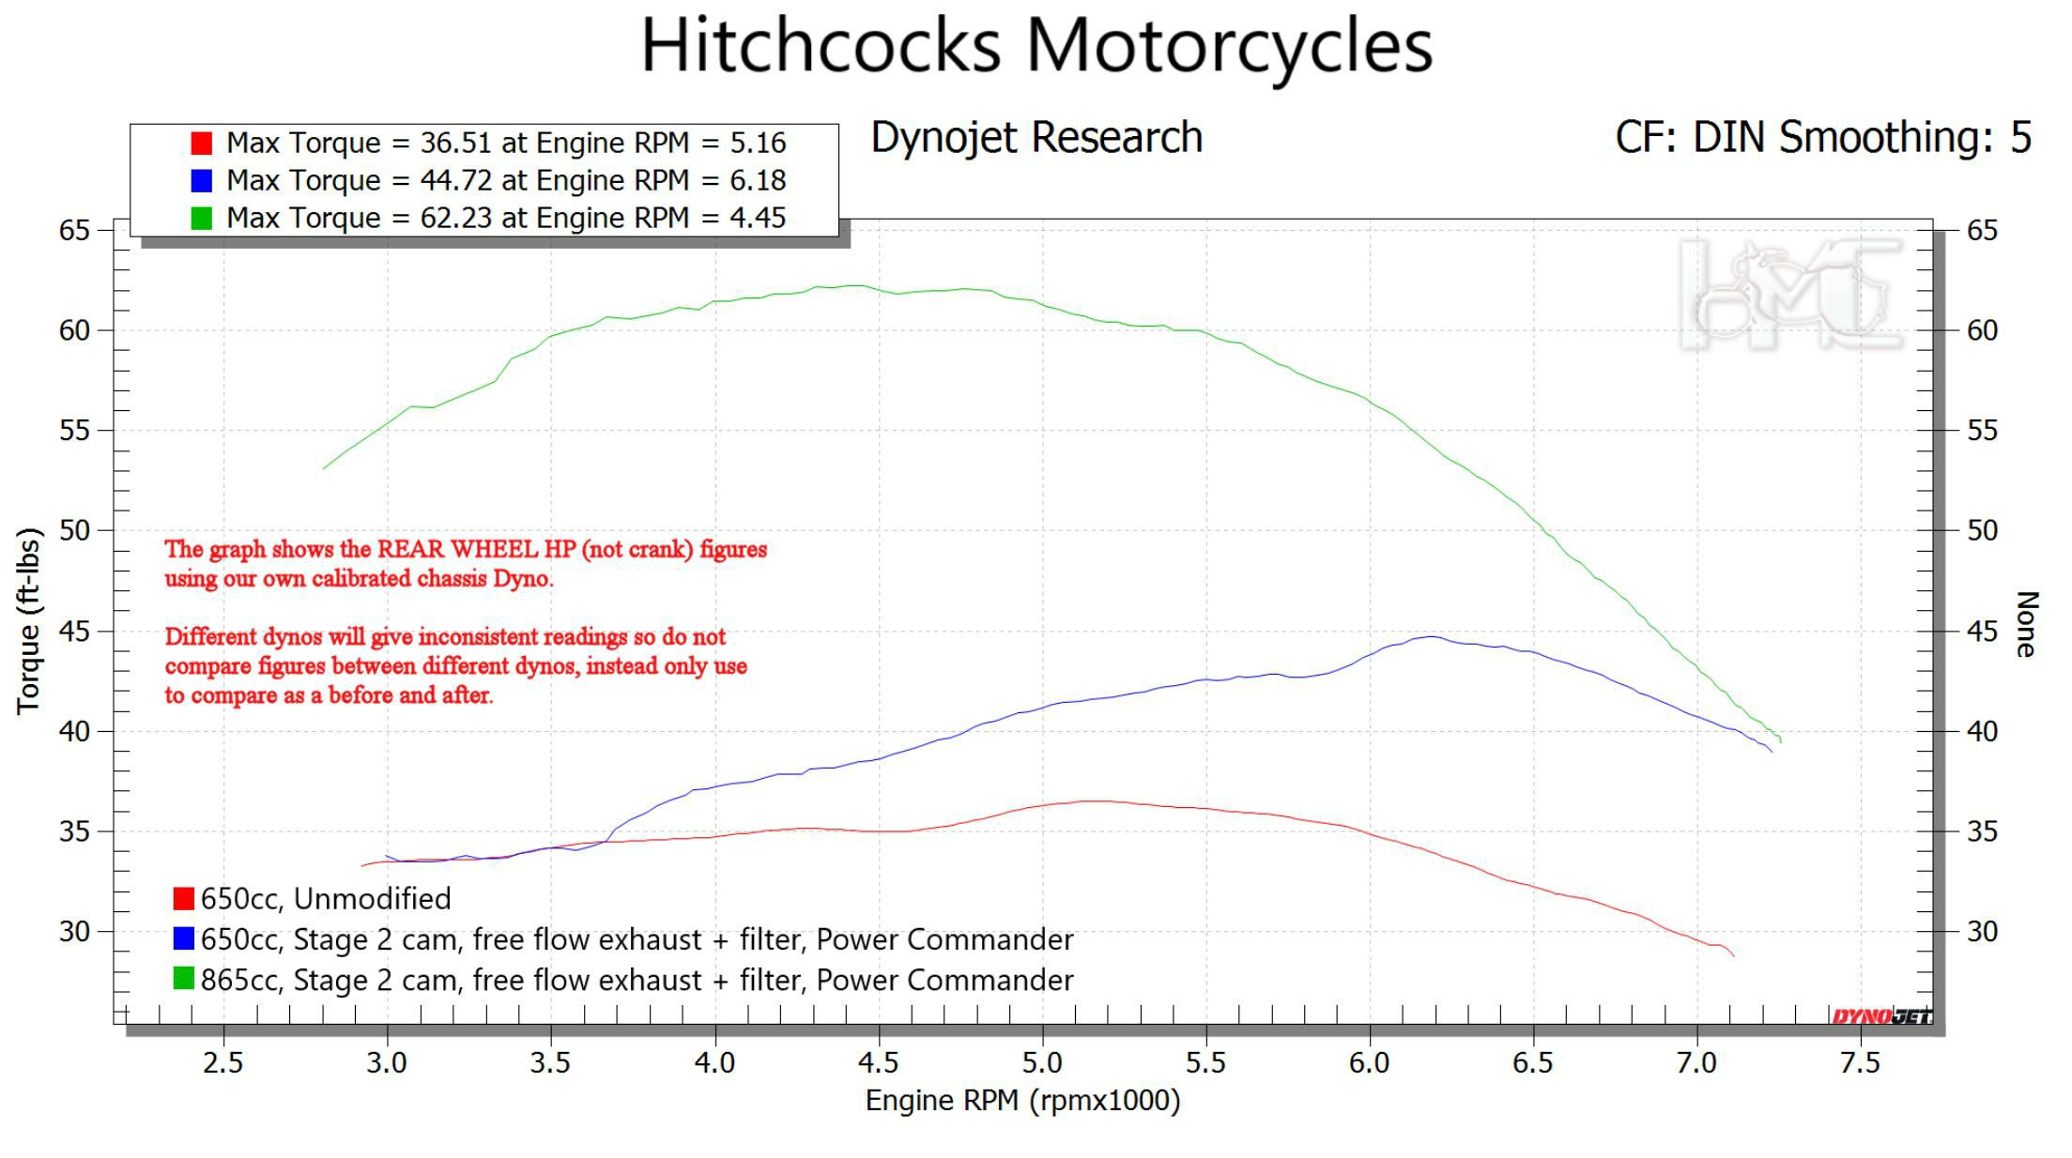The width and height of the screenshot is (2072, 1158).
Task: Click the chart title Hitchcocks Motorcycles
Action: coord(1036,45)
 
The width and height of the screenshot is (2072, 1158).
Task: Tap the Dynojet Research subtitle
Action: coord(1036,138)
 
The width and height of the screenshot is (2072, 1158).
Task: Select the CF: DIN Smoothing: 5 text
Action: coord(1822,138)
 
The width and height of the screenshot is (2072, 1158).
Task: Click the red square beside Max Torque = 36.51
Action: coord(201,143)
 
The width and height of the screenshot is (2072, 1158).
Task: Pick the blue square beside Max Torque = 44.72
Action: coord(201,180)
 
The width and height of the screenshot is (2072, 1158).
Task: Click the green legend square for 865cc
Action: coord(184,979)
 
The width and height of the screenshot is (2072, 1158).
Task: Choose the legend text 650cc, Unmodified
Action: coord(325,899)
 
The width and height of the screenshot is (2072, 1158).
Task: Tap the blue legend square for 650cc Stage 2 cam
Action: coord(184,938)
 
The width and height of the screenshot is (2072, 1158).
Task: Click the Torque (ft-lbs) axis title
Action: coord(28,620)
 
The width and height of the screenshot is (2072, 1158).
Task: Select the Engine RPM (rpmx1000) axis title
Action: coord(1022,1100)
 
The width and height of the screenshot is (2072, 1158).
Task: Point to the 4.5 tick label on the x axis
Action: coord(878,1062)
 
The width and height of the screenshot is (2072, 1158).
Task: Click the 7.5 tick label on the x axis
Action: coord(1860,1062)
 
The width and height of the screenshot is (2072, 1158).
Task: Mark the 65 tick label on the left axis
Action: coord(74,231)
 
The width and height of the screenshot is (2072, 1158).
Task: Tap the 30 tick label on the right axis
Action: coord(1982,931)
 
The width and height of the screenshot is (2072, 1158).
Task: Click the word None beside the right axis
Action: coord(2026,624)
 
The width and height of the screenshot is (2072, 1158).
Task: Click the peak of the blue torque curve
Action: coord(1429,636)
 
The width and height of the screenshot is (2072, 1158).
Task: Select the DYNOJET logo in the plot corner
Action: coord(1880,1016)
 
